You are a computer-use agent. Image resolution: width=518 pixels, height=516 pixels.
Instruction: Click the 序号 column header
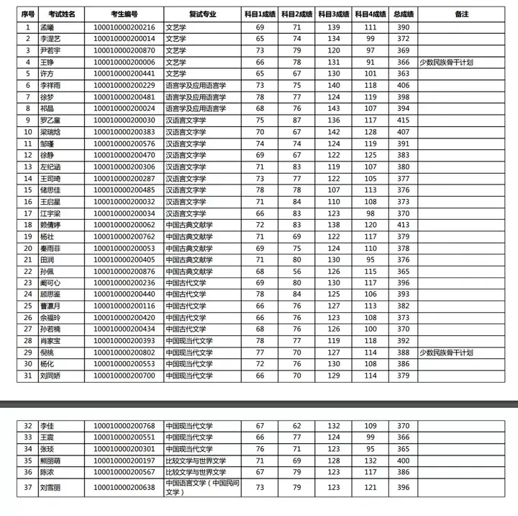tap(27, 14)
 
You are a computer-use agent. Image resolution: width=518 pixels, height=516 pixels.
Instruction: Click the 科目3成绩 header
tap(333, 14)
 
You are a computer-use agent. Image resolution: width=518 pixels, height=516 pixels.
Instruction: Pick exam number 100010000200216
tap(124, 27)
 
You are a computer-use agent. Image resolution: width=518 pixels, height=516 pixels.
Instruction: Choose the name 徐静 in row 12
tap(47, 155)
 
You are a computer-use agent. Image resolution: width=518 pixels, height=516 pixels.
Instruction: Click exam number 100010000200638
tap(124, 487)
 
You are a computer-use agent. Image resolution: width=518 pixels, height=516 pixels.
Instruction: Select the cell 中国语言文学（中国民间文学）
tap(204, 487)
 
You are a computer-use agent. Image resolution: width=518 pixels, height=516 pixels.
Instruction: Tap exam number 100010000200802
tap(124, 352)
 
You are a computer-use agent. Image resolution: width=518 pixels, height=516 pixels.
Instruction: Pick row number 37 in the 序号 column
tap(27, 487)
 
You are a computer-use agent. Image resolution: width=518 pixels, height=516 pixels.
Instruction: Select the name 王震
tap(47, 437)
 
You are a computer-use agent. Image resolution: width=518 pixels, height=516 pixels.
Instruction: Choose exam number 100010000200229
tap(124, 85)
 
